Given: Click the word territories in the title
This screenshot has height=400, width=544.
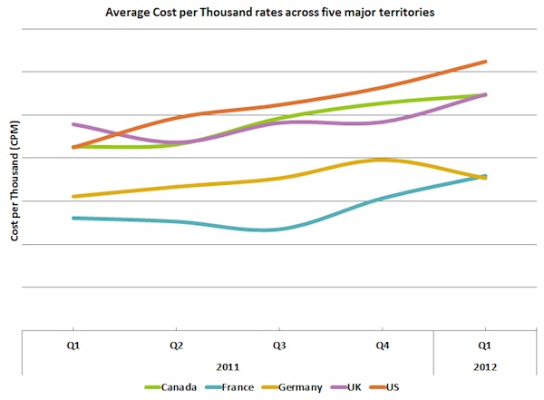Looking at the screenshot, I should click(x=404, y=13).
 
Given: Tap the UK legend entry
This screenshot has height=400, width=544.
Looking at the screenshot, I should click(x=354, y=387).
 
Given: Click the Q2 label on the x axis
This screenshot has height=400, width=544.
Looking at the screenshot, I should click(x=177, y=346).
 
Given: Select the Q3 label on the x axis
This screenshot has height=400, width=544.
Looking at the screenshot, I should click(x=279, y=346).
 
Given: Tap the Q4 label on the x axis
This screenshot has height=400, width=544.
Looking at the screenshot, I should click(x=382, y=346).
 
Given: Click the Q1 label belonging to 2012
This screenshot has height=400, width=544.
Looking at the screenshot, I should click(x=484, y=346).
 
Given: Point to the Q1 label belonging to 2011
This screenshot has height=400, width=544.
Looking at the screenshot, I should click(x=74, y=346).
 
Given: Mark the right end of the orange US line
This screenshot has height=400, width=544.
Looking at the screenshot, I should click(x=485, y=62).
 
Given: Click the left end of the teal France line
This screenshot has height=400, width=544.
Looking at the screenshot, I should click(x=73, y=218).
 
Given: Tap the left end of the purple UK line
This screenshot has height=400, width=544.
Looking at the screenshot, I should click(x=73, y=124).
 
